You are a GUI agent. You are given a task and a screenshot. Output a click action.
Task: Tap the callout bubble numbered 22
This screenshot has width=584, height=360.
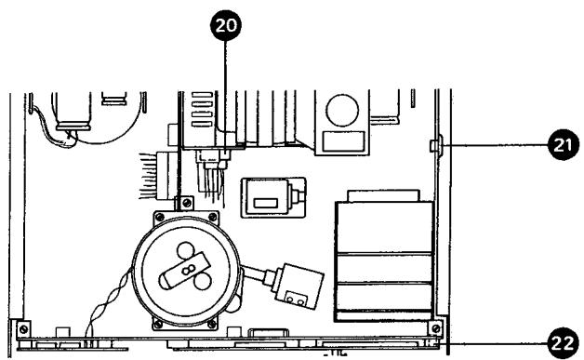[x=561, y=340]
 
